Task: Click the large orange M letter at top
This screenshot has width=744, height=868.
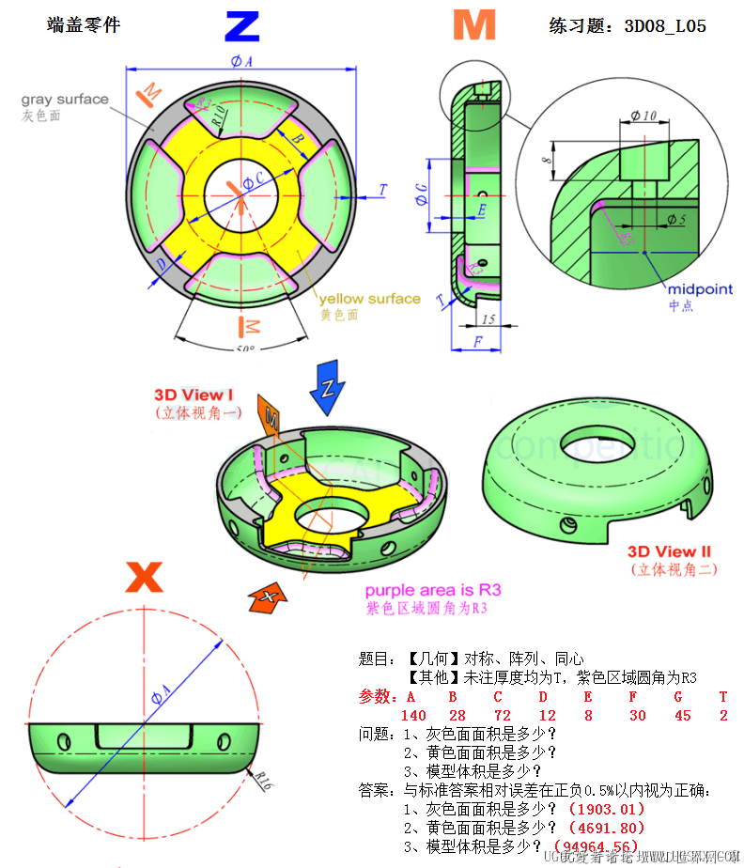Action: [473, 25]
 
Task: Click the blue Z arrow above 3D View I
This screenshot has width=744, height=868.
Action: [329, 386]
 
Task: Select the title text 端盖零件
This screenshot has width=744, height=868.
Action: [84, 25]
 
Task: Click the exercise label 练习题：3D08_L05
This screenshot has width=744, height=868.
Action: [627, 25]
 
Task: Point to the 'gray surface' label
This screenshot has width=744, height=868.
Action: [65, 100]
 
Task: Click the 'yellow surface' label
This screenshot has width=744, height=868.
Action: [369, 299]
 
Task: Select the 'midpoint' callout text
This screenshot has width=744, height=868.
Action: [700, 289]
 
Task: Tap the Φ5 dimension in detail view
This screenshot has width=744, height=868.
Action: [676, 220]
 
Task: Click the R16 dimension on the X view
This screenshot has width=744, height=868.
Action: [263, 779]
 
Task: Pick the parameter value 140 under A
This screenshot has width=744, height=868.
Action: [414, 716]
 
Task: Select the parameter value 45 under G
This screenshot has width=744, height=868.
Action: [682, 716]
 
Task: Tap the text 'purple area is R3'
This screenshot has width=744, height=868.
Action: [433, 590]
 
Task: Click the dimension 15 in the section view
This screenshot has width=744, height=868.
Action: [488, 319]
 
